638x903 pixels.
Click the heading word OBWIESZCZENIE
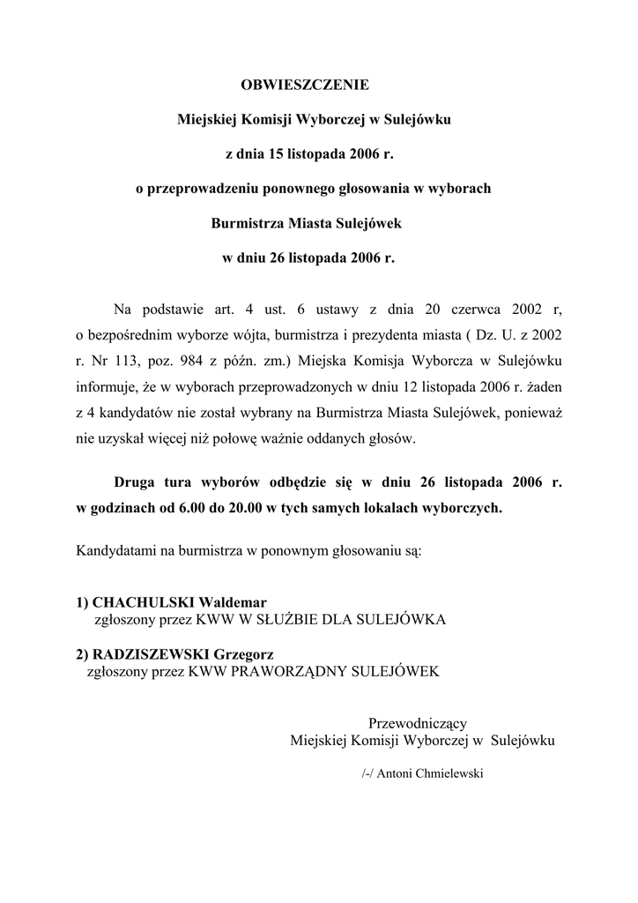(x=305, y=85)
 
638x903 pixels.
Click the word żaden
(x=543, y=385)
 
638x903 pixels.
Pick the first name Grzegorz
(x=244, y=653)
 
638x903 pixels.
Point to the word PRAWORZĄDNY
(x=289, y=671)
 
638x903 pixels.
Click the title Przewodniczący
(x=423, y=723)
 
